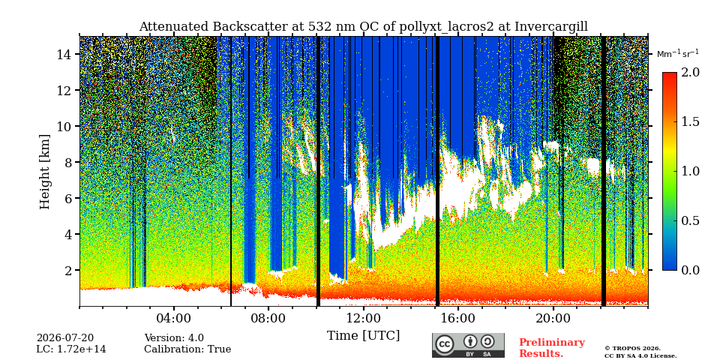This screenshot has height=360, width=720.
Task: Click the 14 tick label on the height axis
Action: pyautogui.click(x=65, y=54)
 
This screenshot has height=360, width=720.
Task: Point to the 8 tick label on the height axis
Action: pyautogui.click(x=69, y=162)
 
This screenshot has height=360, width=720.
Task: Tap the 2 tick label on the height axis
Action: pyautogui.click(x=69, y=270)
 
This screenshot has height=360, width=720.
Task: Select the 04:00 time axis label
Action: pyautogui.click(x=173, y=318)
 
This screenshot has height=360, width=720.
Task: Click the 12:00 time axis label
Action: pyautogui.click(x=363, y=318)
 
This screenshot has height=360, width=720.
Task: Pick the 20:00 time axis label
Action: pyautogui.click(x=553, y=318)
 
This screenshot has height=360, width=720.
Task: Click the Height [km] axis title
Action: pyautogui.click(x=44, y=172)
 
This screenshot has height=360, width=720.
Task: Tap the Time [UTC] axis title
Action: pyautogui.click(x=363, y=336)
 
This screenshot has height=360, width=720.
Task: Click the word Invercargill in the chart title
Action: pyautogui.click(x=551, y=27)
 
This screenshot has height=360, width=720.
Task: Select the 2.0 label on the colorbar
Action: pyautogui.click(x=690, y=73)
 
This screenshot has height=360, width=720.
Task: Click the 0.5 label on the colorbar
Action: pyautogui.click(x=690, y=220)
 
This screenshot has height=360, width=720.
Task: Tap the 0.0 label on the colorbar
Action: pyautogui.click(x=690, y=270)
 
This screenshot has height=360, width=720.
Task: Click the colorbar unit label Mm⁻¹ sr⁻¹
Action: pyautogui.click(x=678, y=54)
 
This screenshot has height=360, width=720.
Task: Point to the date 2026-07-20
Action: pyautogui.click(x=65, y=338)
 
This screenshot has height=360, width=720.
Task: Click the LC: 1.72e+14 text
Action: pyautogui.click(x=71, y=349)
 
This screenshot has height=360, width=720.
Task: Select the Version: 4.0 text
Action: pyautogui.click(x=174, y=338)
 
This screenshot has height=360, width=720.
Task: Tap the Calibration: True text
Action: pyautogui.click(x=187, y=349)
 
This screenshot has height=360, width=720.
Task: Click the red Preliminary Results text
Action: pyautogui.click(x=552, y=347)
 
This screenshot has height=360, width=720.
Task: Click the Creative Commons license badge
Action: pyautogui.click(x=468, y=345)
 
